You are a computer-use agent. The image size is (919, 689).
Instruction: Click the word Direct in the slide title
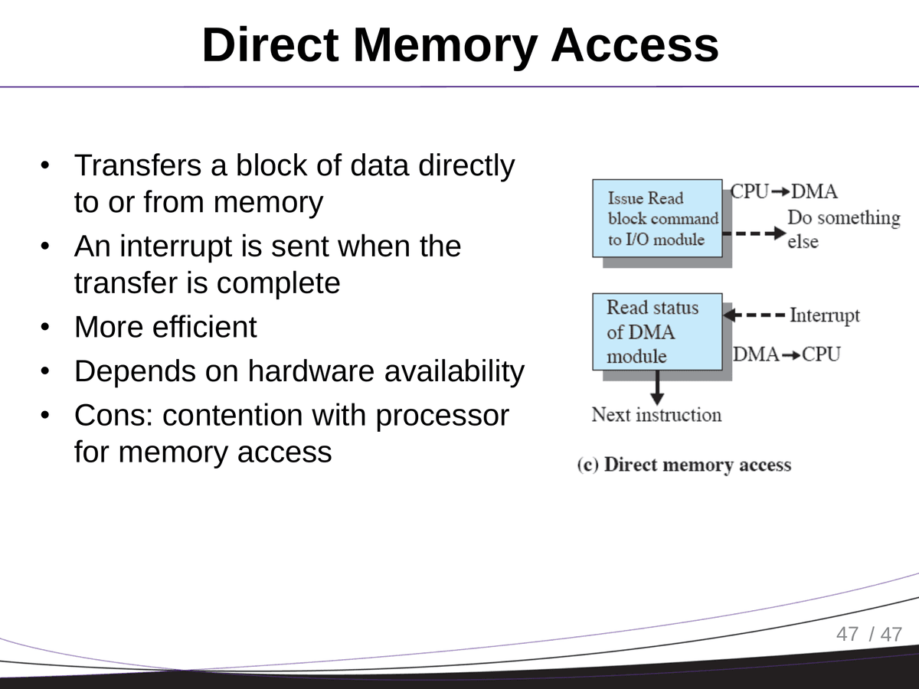pyautogui.click(x=270, y=46)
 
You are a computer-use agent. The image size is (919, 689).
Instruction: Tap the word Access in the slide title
pyautogui.click(x=635, y=46)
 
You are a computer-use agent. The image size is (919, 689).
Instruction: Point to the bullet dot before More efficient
pyautogui.click(x=46, y=328)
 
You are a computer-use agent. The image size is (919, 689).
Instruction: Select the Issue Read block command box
pyautogui.click(x=658, y=218)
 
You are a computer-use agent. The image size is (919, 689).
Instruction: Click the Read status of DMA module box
pyautogui.click(x=658, y=331)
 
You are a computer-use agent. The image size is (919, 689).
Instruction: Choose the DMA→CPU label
pyautogui.click(x=787, y=354)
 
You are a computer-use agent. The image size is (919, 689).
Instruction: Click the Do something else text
pyautogui.click(x=842, y=229)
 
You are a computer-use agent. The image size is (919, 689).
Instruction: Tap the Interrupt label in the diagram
pyautogui.click(x=824, y=315)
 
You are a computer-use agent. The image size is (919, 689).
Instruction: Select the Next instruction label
pyautogui.click(x=656, y=415)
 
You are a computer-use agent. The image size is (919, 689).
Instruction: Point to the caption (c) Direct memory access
pyautogui.click(x=684, y=465)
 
